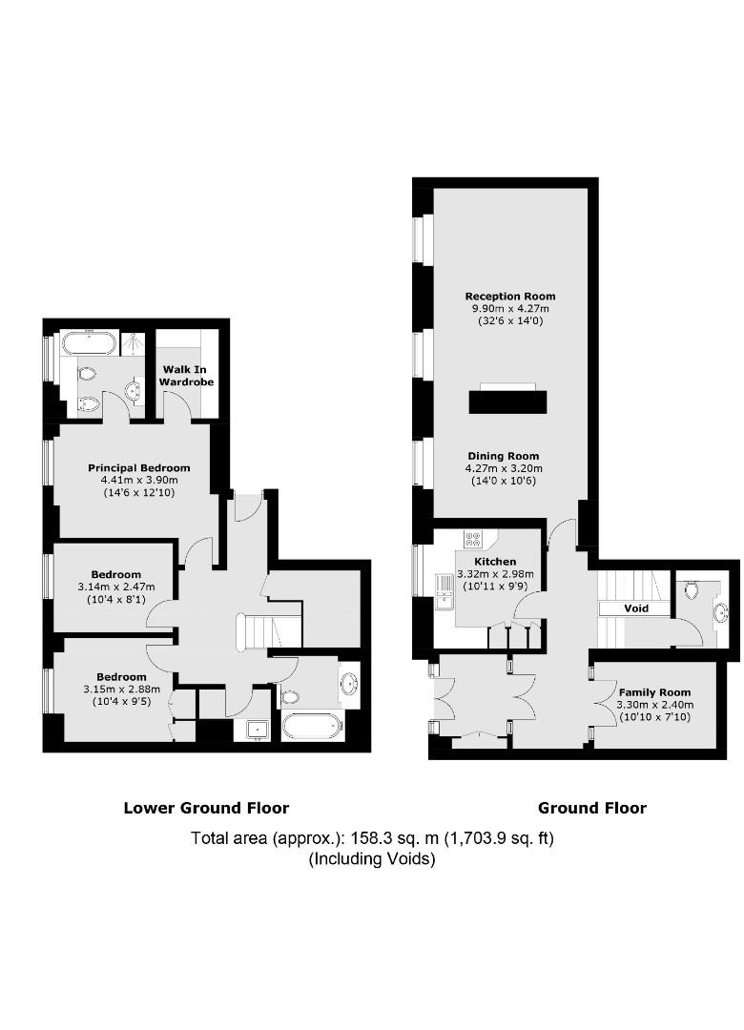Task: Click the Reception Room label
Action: [510, 297]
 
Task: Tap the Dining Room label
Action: [504, 456]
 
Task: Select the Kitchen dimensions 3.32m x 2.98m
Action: [495, 573]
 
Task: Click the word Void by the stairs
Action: [635, 608]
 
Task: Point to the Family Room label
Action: [654, 692]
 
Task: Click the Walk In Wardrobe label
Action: [186, 375]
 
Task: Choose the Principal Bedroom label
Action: [139, 467]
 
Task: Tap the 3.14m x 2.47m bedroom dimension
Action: [116, 587]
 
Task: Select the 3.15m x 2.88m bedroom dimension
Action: [121, 690]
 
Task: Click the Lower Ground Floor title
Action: [206, 808]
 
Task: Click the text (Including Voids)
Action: [372, 858]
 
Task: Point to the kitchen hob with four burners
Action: [472, 539]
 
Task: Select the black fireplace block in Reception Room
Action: [508, 402]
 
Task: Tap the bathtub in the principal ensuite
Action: [90, 343]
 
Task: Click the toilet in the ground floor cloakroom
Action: [691, 590]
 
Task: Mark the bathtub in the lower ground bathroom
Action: [313, 727]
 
